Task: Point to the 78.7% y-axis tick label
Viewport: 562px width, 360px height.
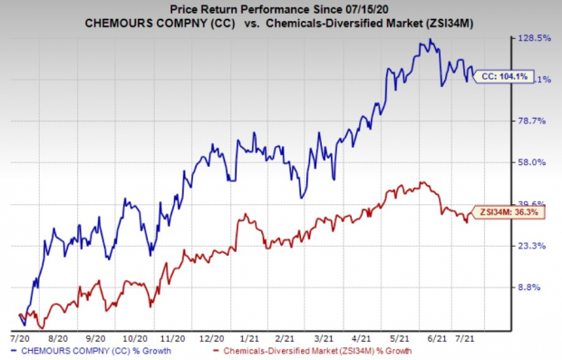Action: [536, 121]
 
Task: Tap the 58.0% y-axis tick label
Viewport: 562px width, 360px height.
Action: [536, 162]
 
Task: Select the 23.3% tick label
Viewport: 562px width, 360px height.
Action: [536, 246]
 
